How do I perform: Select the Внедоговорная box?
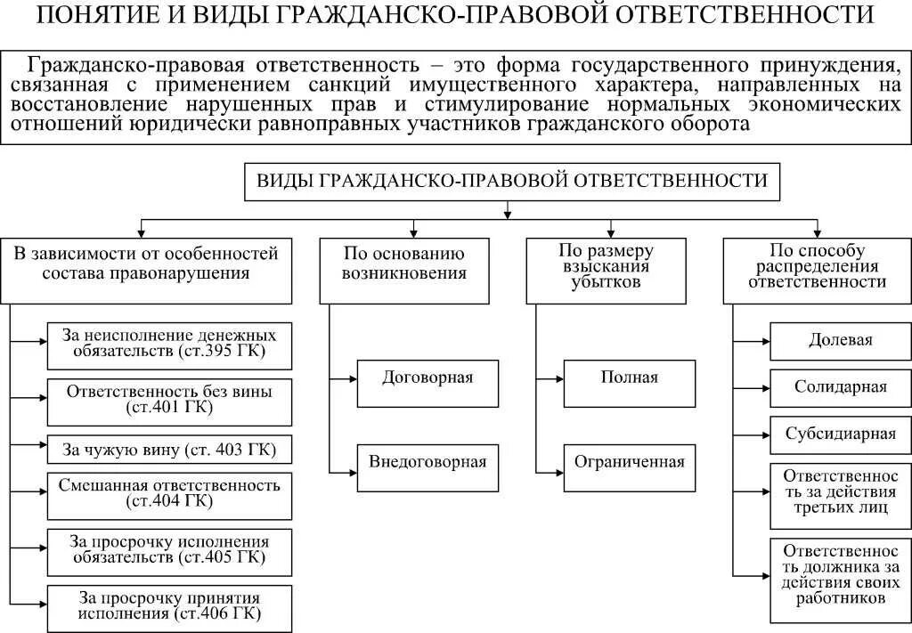click(427, 462)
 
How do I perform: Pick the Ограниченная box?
click(629, 462)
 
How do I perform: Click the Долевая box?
click(840, 340)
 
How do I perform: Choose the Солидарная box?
click(840, 387)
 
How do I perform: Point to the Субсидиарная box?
click(840, 434)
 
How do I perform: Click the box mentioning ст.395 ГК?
click(169, 345)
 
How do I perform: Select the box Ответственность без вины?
click(169, 400)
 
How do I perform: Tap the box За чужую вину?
click(169, 450)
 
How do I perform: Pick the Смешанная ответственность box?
click(169, 494)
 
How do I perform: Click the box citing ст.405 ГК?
click(169, 550)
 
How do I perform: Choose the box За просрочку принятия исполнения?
click(169, 605)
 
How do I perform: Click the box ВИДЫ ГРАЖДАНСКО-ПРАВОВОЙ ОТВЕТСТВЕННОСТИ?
click(512, 181)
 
